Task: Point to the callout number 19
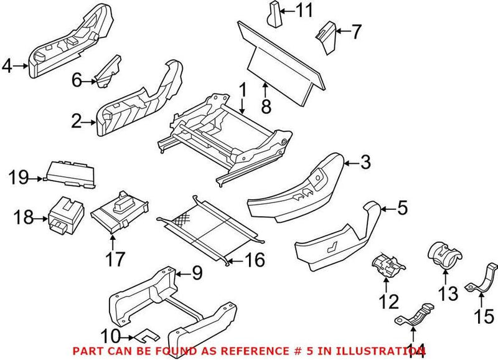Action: [x=18, y=178]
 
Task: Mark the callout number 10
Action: [x=110, y=336]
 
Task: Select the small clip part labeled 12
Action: [x=387, y=266]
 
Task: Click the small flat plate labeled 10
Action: [x=141, y=337]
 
